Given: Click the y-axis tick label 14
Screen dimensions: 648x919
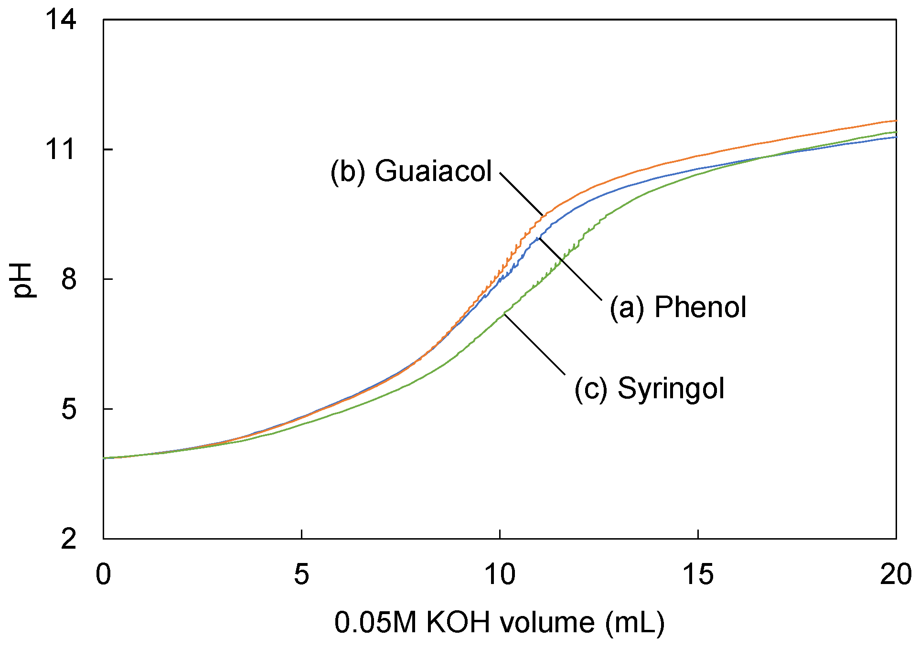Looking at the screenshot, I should tap(61, 21).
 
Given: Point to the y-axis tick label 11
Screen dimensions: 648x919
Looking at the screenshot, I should tap(61, 149).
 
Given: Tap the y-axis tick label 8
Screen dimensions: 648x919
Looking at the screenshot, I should tap(69, 279).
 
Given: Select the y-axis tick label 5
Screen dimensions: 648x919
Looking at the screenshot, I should tap(69, 409).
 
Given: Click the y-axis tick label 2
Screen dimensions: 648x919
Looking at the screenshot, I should tap(69, 539).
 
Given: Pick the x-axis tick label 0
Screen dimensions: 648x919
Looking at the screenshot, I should tap(103, 574).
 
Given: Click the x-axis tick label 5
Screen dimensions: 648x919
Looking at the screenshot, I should tap(301, 574).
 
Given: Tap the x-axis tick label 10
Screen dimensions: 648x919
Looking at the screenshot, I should tap(500, 574).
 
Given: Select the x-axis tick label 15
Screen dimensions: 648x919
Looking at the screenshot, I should tap(698, 574).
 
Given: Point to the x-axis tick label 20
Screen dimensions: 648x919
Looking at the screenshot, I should tap(895, 574).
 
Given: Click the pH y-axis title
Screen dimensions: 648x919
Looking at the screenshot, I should tap(22, 280).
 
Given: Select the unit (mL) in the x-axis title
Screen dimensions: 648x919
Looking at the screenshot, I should tap(635, 623).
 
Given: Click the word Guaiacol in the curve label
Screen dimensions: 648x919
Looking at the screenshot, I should tap(433, 171).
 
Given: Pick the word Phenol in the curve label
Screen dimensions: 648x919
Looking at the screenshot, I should tap(700, 307).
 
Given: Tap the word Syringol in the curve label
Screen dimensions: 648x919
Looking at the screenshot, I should tap(671, 388).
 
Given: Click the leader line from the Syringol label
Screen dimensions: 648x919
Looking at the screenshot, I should tap(535, 344).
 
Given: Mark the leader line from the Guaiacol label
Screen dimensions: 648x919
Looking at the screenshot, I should tap(522, 194).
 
